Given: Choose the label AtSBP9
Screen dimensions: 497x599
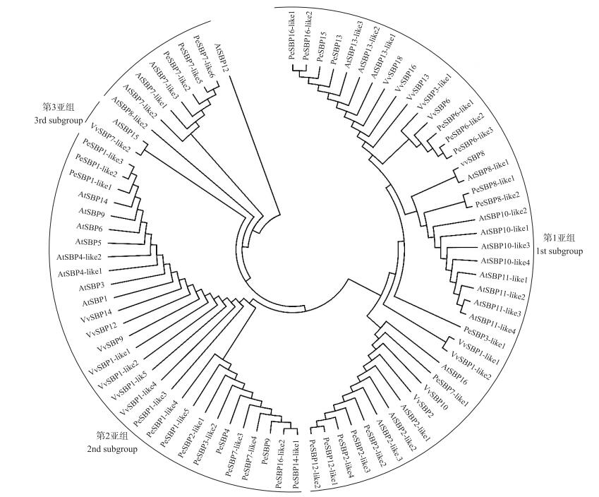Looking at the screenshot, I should tap(92, 212).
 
